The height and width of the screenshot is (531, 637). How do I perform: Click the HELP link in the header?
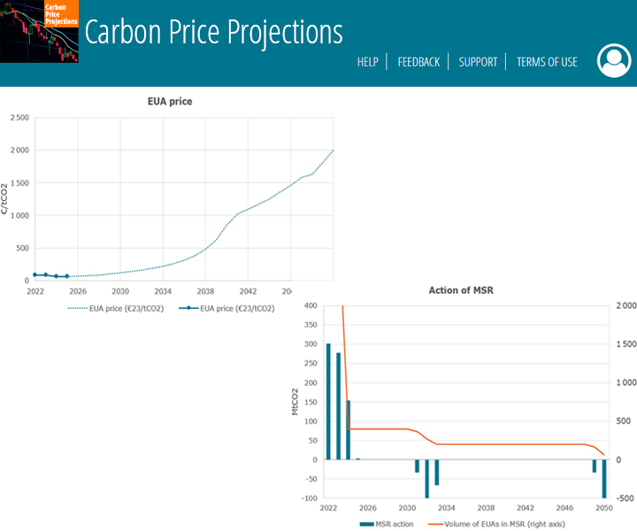[367, 62]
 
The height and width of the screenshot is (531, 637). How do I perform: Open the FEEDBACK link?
[418, 62]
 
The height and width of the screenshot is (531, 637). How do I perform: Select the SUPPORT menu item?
[478, 62]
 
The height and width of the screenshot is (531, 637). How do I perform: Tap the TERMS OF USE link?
[547, 62]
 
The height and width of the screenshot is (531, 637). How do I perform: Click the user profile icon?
[614, 60]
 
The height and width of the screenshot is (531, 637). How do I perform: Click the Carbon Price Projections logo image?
[40, 32]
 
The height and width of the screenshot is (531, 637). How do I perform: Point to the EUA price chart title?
[170, 102]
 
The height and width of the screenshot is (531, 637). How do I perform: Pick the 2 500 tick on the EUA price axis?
[19, 118]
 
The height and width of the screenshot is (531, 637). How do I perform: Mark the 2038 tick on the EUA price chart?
[205, 290]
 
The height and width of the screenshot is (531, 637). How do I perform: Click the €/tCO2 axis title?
[5, 199]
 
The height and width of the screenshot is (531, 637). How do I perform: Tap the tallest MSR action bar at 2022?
[328, 401]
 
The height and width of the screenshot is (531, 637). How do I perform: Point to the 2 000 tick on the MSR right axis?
[625, 306]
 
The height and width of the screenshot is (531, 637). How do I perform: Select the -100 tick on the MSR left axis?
[308, 498]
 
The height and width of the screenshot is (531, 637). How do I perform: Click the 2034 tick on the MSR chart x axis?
[446, 509]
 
